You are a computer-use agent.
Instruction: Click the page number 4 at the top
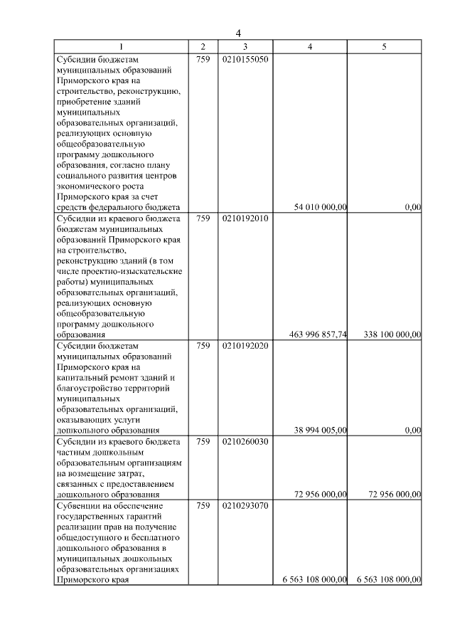coord(239,33)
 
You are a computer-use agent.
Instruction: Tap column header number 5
coord(384,46)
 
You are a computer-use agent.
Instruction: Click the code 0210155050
coord(245,60)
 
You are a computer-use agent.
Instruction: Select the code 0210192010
coord(245,218)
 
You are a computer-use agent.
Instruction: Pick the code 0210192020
coord(245,346)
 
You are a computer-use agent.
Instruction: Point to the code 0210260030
coord(245,441)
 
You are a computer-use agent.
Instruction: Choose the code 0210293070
coord(245,505)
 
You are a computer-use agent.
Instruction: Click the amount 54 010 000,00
coord(320,207)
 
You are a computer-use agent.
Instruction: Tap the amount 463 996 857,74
coord(318,334)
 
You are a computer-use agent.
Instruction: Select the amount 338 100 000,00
coord(387,334)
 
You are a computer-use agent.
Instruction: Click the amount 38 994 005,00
coord(320,430)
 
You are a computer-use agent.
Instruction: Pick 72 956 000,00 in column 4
coord(320,494)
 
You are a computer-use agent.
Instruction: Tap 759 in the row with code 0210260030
coord(203,441)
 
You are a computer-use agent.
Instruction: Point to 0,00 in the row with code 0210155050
coord(413,207)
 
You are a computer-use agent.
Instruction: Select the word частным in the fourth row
coord(72,452)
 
